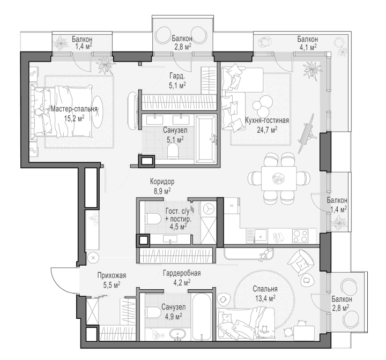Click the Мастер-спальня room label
(x=74, y=109)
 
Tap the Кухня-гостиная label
(x=267, y=121)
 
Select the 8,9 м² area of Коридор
(x=162, y=191)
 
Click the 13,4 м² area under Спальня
(x=265, y=298)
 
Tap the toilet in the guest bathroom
(x=153, y=219)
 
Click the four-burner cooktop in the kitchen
(x=300, y=236)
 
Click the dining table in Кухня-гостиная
(x=279, y=178)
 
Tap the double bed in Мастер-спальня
(x=63, y=111)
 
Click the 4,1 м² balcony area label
(x=308, y=47)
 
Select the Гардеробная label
(x=182, y=273)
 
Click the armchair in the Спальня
(x=301, y=263)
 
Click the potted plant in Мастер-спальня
(x=106, y=65)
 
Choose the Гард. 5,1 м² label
(x=177, y=80)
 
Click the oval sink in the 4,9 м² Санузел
(x=178, y=334)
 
